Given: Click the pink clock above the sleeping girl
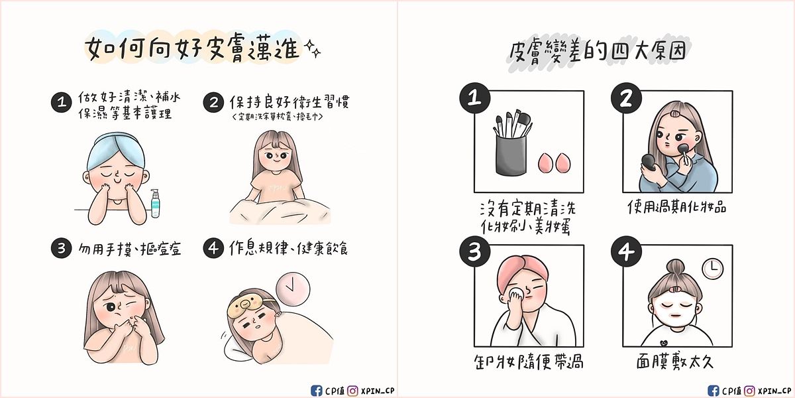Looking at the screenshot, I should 292,288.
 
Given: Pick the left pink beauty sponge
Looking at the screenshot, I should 545,162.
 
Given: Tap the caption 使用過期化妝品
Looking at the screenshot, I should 676,207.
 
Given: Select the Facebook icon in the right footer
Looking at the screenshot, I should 713,390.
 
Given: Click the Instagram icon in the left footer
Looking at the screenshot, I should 354,390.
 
